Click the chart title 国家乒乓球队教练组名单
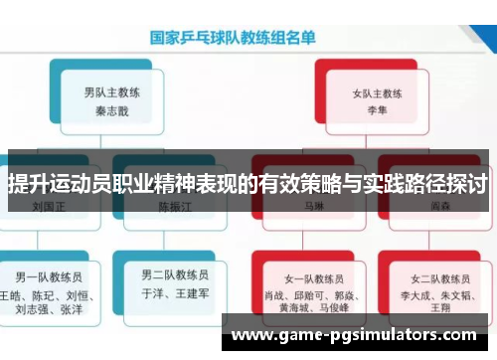[x=233, y=40]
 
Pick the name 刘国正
[x=48, y=208]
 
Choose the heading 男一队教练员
[x=47, y=273]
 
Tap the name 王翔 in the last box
[x=440, y=309]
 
